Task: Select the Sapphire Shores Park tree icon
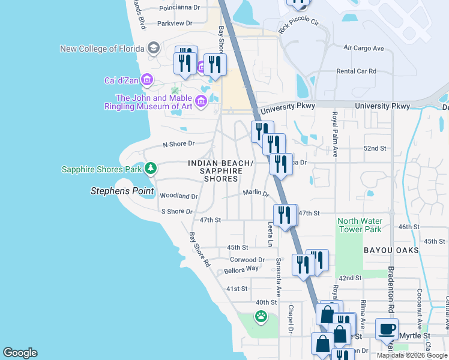[152, 169]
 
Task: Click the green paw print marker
[261, 316]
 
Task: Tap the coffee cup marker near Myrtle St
[387, 329]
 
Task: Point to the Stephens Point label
[122, 191]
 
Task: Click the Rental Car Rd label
[356, 71]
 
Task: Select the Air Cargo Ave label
[363, 48]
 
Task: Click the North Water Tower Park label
[360, 225]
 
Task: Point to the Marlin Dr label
[256, 193]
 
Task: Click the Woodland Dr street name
[178, 196]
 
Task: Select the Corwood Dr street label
[247, 259]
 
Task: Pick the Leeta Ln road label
[270, 235]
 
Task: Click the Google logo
[20, 353]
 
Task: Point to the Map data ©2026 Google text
[411, 355]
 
